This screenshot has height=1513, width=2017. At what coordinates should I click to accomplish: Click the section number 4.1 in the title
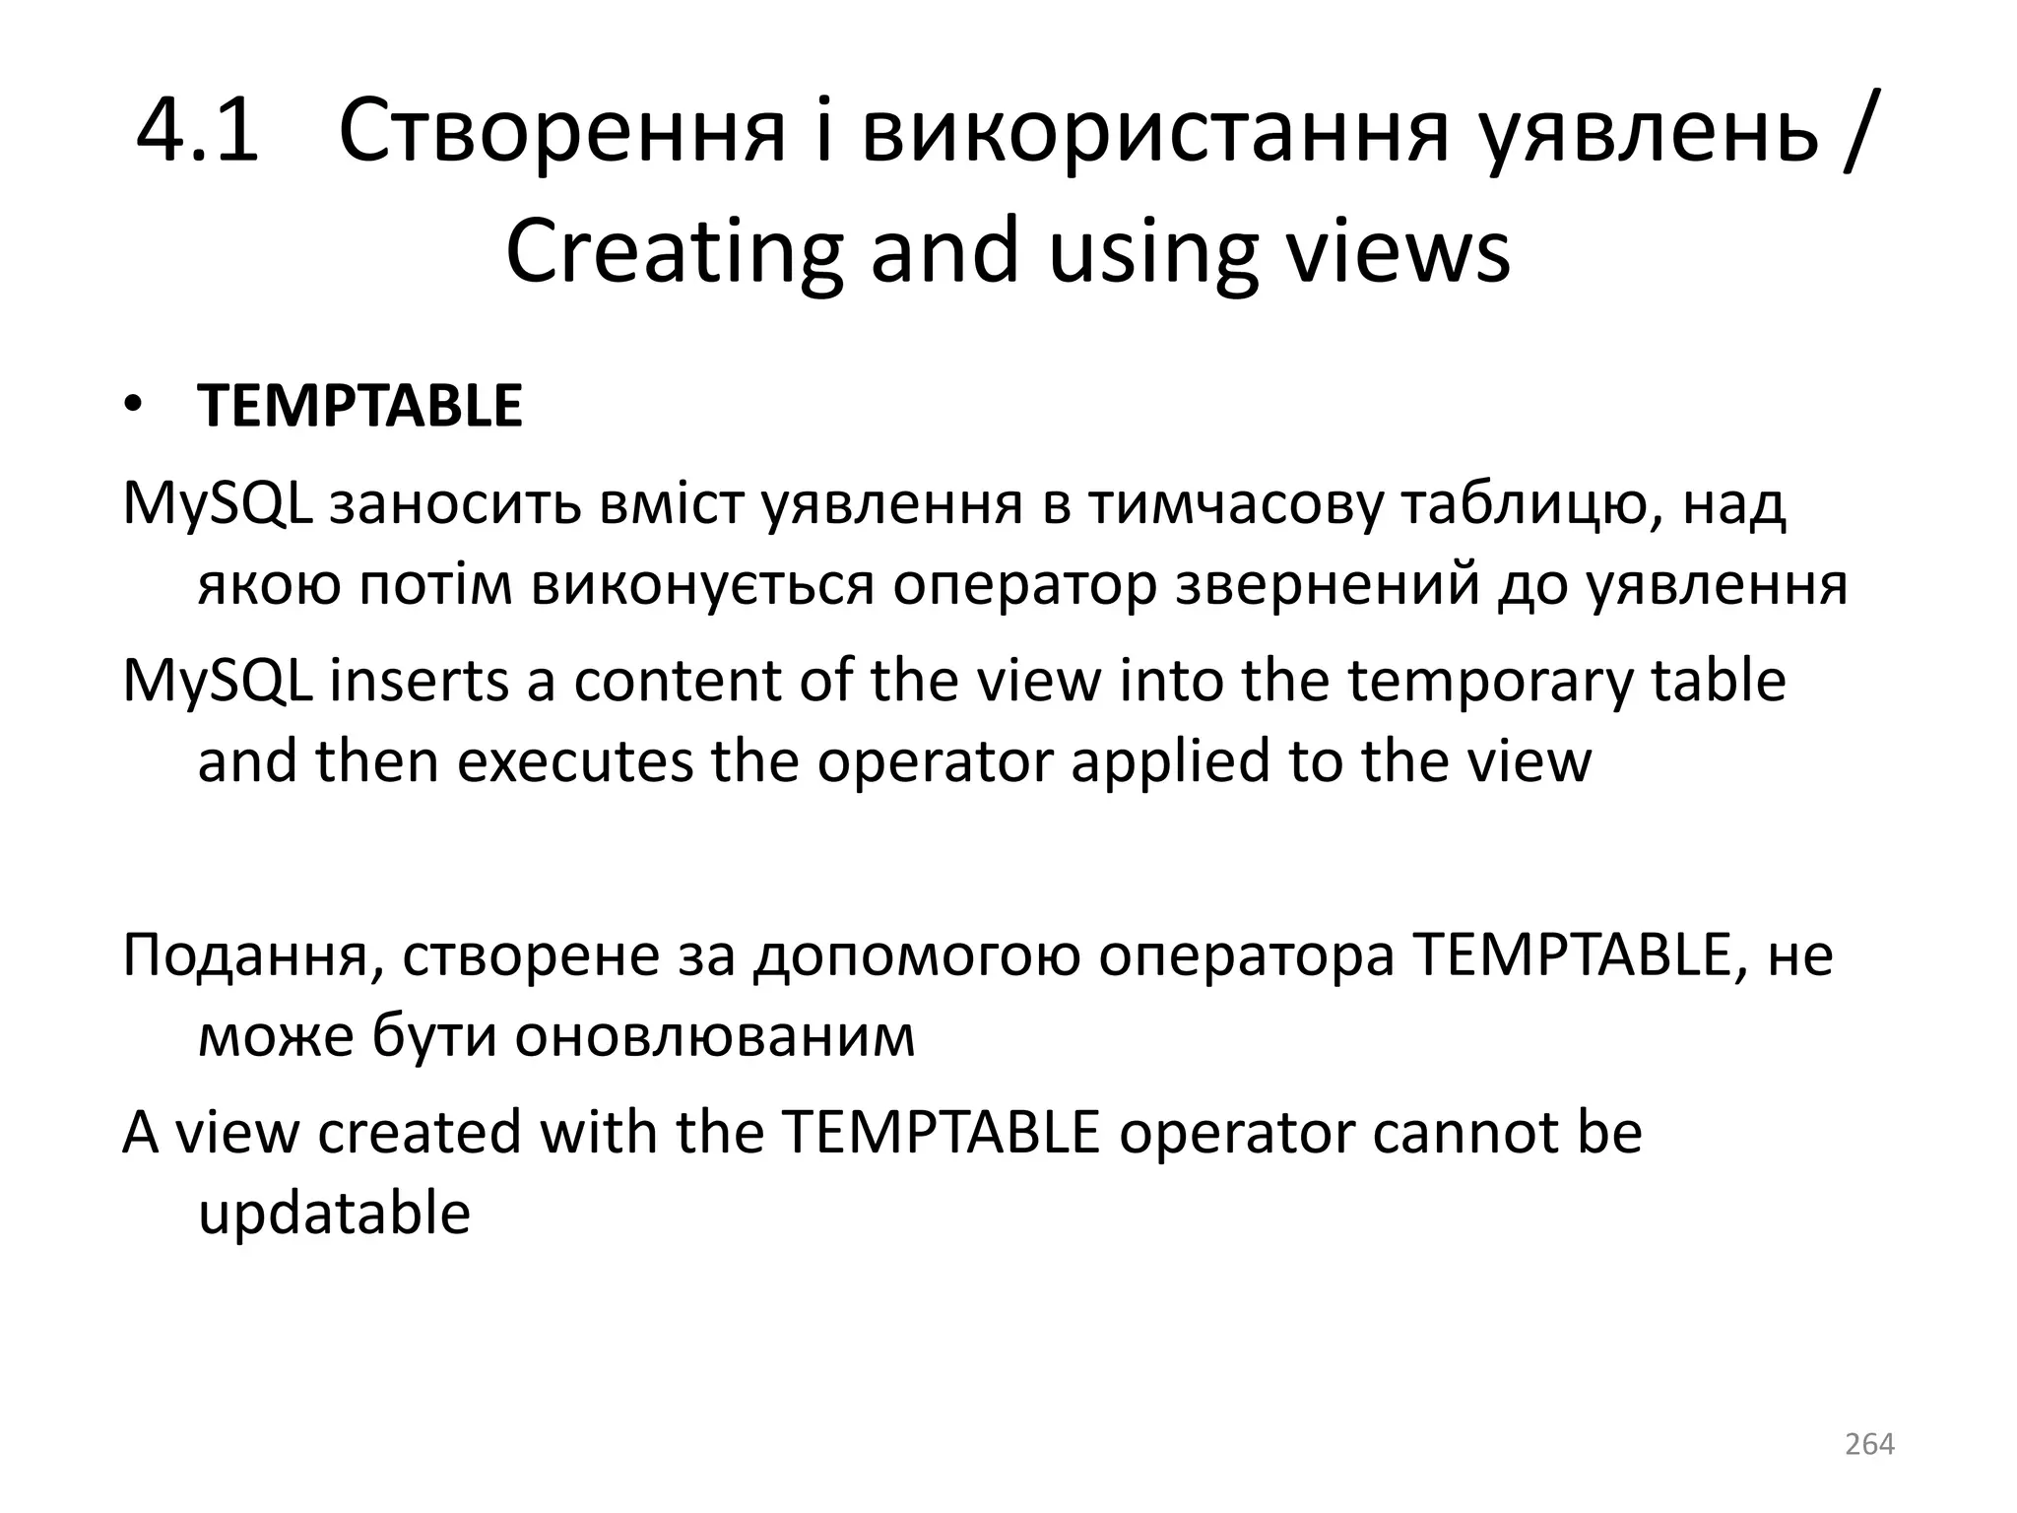[197, 132]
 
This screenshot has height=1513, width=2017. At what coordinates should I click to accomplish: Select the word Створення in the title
[561, 132]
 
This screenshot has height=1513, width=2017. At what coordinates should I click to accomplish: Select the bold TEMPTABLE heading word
[359, 407]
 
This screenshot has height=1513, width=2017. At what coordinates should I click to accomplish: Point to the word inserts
[420, 681]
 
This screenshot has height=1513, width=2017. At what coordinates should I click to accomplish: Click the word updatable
[334, 1213]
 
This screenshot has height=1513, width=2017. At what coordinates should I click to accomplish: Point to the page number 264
[1868, 1444]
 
